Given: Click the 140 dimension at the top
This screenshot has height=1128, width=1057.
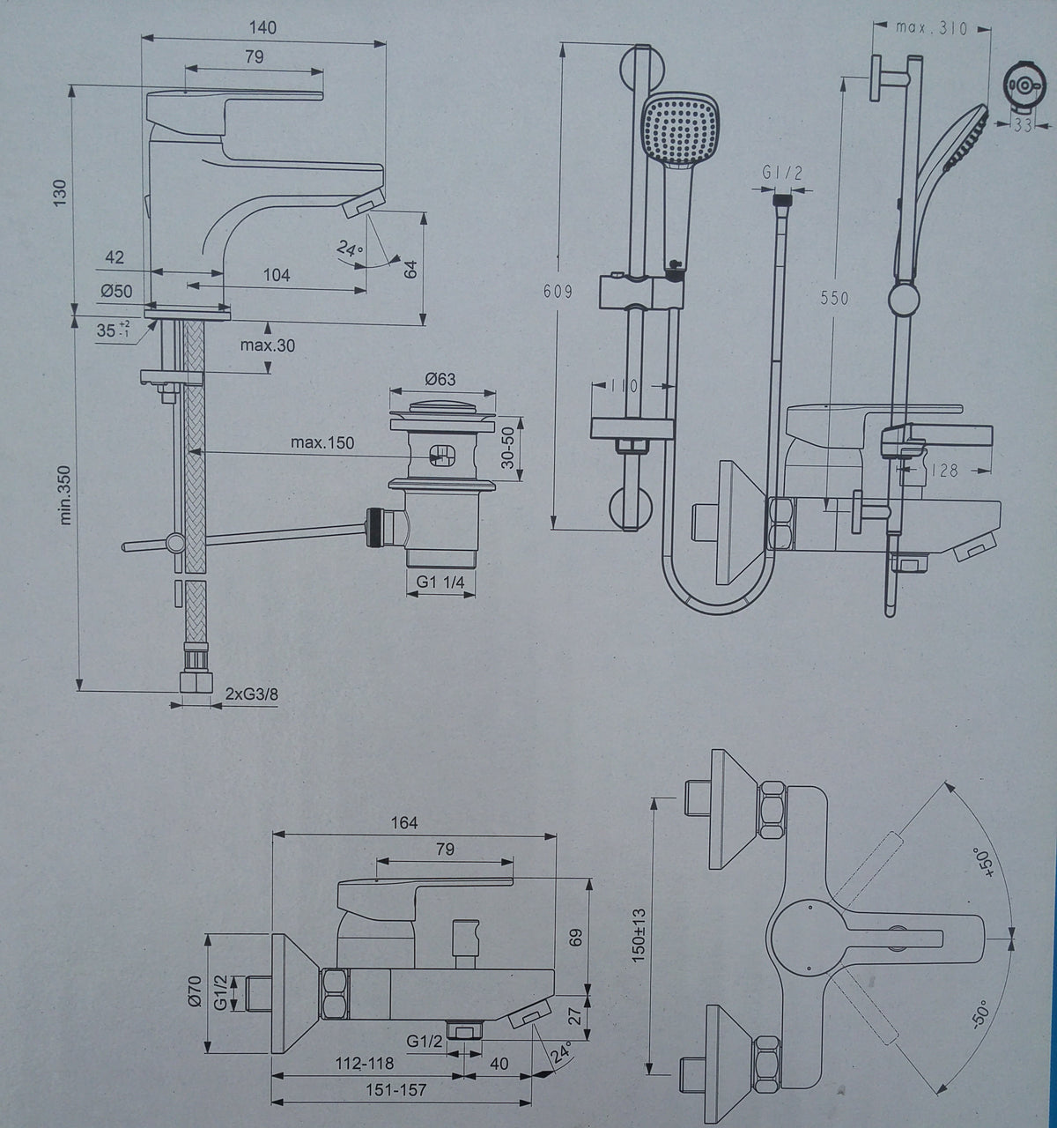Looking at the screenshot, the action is click(x=262, y=27).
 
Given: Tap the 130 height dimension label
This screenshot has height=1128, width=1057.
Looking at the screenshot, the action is click(x=60, y=192).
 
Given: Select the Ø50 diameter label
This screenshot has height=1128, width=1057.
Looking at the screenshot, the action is click(x=116, y=291).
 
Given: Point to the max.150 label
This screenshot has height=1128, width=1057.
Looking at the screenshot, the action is click(x=322, y=442).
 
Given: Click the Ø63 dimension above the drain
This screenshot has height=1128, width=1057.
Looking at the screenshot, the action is click(x=440, y=379).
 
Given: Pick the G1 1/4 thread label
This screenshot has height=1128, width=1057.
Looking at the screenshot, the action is click(x=440, y=582).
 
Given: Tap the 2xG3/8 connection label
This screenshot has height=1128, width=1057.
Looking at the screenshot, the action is click(x=252, y=694).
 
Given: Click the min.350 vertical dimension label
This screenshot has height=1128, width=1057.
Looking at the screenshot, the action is click(x=65, y=494).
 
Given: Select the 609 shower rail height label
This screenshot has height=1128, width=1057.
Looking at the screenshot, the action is click(x=558, y=292).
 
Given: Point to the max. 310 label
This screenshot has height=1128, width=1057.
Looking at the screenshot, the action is click(x=931, y=28).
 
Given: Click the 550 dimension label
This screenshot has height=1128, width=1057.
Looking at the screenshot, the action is click(x=834, y=298).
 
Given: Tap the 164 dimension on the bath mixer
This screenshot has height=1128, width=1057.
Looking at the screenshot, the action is click(x=403, y=822).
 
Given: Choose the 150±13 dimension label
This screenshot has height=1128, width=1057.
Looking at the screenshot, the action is click(x=639, y=935).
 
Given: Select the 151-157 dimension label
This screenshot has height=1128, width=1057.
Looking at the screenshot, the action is click(x=395, y=1089).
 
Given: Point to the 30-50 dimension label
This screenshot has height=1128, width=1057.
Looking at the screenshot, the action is click(x=507, y=448).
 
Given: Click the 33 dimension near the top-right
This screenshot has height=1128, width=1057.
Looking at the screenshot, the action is click(x=1023, y=125).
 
